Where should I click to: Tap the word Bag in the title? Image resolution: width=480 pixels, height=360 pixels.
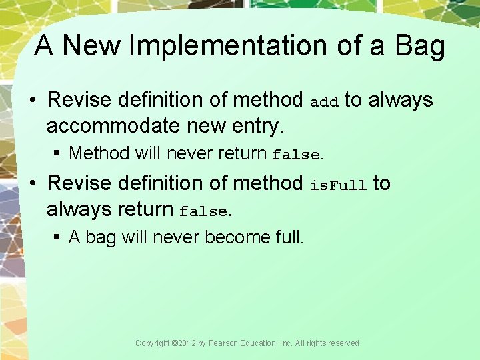[419, 46]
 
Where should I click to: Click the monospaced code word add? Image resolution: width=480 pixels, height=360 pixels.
[325, 102]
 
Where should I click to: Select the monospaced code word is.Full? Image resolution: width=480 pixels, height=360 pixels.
[338, 185]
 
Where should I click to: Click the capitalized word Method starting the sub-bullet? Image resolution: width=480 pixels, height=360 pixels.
[99, 153]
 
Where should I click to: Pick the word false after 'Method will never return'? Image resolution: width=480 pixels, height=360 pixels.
[296, 155]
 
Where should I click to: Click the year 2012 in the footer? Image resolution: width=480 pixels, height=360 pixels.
[188, 343]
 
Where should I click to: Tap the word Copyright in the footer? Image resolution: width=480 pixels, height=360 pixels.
[153, 343]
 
